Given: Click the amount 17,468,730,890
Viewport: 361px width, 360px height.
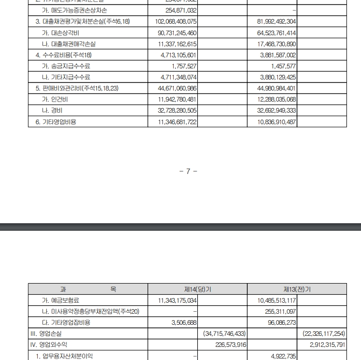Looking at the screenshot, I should click(276, 44).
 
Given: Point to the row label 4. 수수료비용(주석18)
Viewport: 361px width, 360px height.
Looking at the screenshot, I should click(63, 55).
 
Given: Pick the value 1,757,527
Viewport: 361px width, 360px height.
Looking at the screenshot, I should click(184, 66).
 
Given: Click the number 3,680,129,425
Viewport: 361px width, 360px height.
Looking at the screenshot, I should click(276, 77).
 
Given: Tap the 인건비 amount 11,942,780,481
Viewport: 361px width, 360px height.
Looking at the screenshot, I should click(176, 99).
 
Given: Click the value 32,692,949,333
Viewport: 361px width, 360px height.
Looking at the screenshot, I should click(276, 110).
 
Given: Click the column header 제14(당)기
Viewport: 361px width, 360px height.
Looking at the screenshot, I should click(198, 289).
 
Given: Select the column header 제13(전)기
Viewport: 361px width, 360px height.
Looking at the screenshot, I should click(297, 289).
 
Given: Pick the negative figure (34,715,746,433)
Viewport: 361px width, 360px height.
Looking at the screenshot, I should click(224, 333).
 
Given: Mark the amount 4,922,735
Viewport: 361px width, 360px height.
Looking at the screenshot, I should click(283, 355).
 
